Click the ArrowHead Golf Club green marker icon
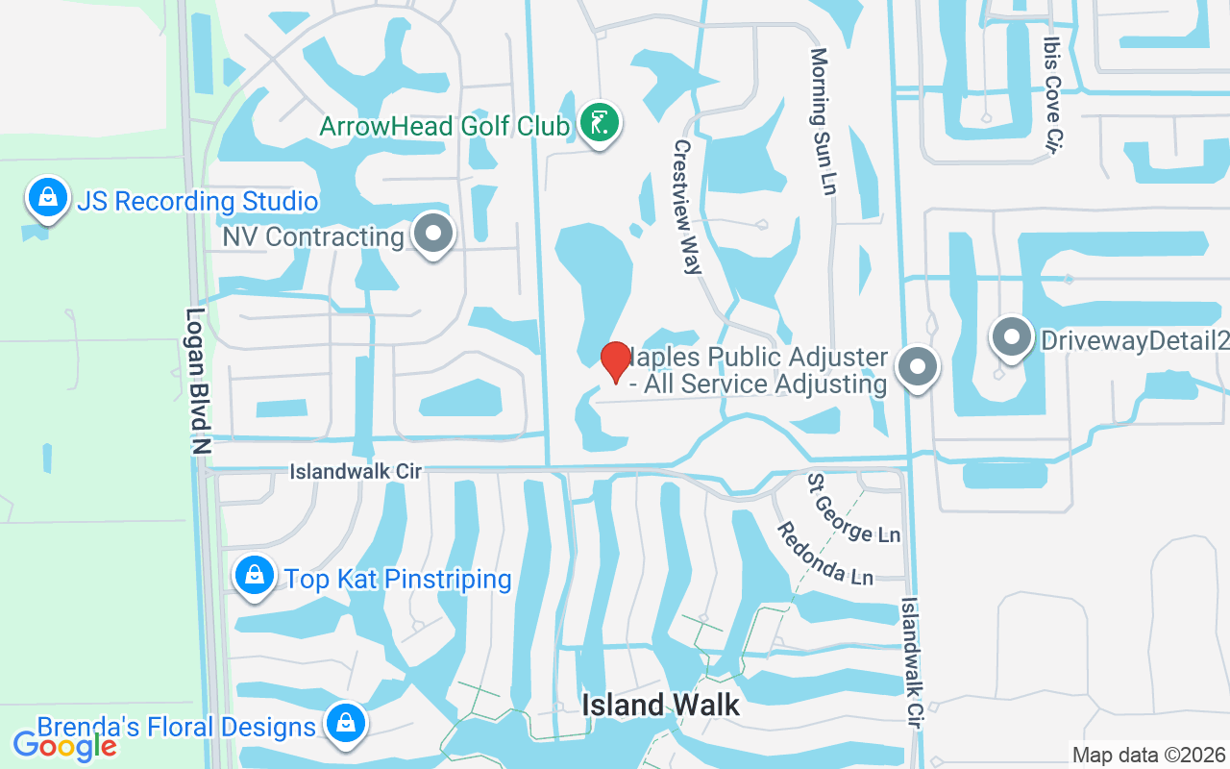coord(600,123)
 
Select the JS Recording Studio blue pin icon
coord(47,198)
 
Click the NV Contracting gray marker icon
coord(433,234)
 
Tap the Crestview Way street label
coord(686,207)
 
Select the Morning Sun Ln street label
coord(823,121)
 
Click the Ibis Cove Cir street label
coord(1054,94)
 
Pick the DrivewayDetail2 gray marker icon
coord(1011,338)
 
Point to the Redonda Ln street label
coord(824,553)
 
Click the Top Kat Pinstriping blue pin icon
coord(255,576)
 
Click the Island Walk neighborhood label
coord(661,706)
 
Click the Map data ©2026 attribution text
coord(1148,755)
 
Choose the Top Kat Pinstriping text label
coord(398,579)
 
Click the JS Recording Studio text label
coord(197,202)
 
